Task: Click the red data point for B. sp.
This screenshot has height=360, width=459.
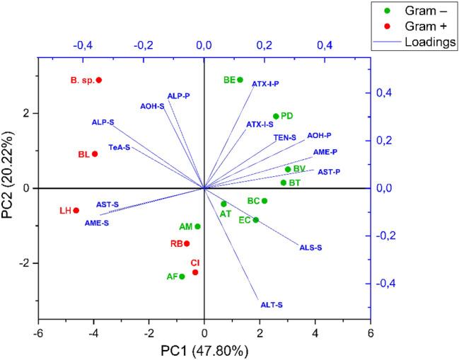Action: pos(99,80)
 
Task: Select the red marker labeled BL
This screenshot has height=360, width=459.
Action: pos(95,154)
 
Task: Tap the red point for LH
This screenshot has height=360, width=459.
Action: pos(76,210)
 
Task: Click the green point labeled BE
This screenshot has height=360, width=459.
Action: pos(240,80)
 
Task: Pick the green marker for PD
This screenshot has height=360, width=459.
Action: pos(276,116)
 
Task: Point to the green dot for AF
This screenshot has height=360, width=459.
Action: pos(182,277)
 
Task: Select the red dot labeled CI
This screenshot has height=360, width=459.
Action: pos(195,272)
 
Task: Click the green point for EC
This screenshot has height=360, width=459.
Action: pos(256,220)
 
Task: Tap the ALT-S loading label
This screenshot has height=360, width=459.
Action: pos(272,305)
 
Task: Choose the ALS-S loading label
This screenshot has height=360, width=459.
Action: pos(311,248)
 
